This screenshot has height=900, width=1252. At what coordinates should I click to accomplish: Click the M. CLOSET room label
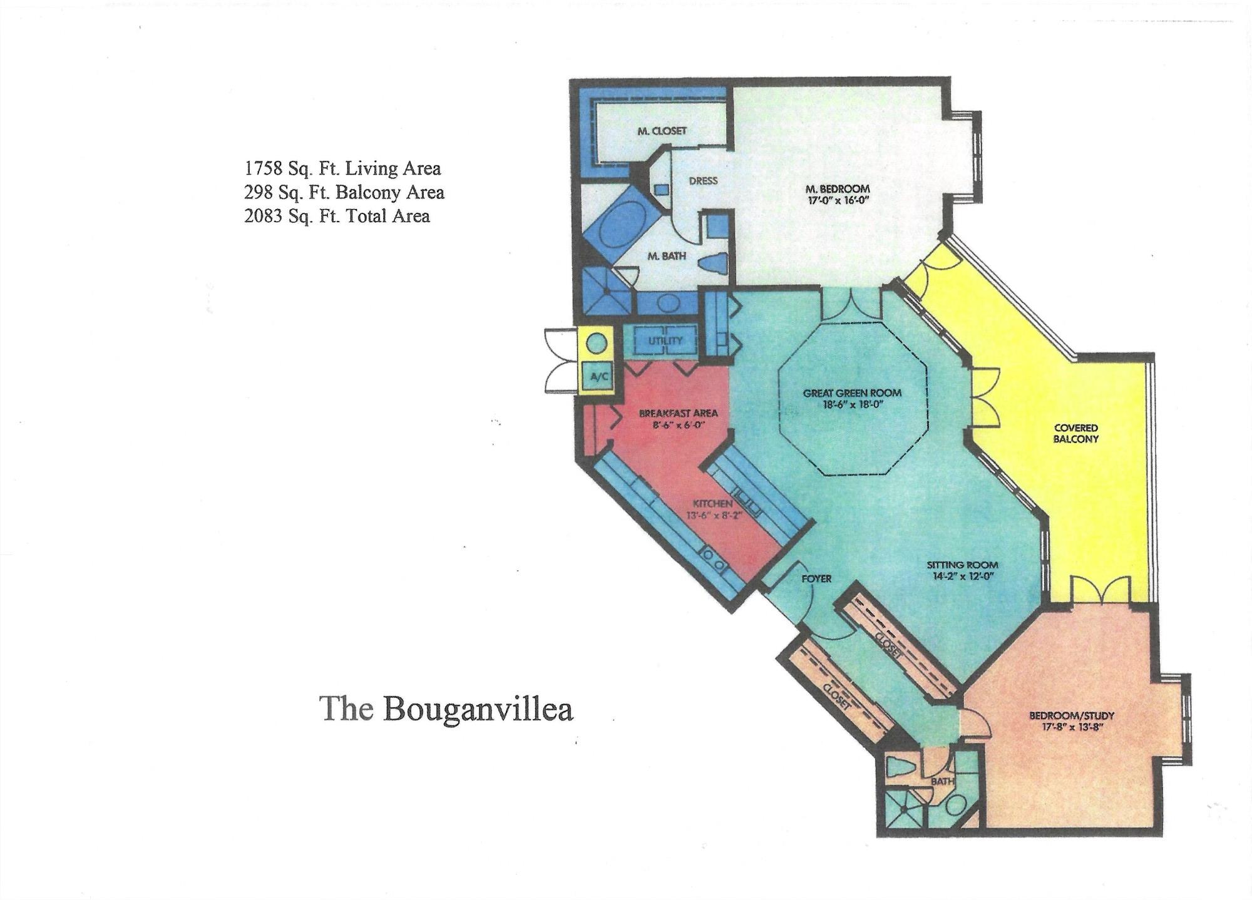click(x=662, y=131)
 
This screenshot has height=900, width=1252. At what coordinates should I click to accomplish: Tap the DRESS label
click(x=703, y=181)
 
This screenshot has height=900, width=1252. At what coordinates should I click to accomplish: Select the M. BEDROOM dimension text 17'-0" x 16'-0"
click(x=838, y=201)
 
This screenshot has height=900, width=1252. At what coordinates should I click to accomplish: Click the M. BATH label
click(x=667, y=256)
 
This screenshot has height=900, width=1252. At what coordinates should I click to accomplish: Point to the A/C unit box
click(x=599, y=377)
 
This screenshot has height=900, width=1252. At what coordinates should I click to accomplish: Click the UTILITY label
click(x=665, y=340)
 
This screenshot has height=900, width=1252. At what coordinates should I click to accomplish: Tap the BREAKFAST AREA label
click(x=678, y=413)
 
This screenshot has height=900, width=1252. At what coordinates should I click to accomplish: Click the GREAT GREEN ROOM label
click(x=852, y=393)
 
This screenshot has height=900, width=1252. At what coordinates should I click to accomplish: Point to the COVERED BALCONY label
click(x=1075, y=433)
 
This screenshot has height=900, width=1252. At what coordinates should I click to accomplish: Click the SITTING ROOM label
click(x=963, y=565)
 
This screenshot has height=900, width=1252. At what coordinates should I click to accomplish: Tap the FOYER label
click(x=816, y=579)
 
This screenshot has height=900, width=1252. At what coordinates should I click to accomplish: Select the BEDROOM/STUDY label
click(x=1072, y=715)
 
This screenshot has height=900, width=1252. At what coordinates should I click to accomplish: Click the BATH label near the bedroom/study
click(x=942, y=781)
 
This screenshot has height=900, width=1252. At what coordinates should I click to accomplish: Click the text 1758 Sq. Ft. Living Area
click(x=342, y=168)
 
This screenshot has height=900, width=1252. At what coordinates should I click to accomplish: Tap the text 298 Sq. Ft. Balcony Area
click(x=344, y=192)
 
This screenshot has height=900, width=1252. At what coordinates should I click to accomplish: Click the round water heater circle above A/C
click(x=597, y=344)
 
